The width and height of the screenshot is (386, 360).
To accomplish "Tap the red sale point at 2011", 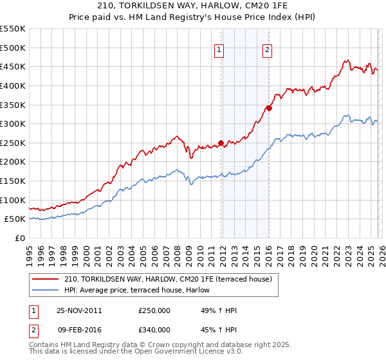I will [221, 143].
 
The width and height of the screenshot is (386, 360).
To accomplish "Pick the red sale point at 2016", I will [269, 109].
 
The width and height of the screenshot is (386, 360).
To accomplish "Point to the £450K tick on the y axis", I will [13, 66].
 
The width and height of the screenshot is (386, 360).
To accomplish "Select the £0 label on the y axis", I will [20, 238].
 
